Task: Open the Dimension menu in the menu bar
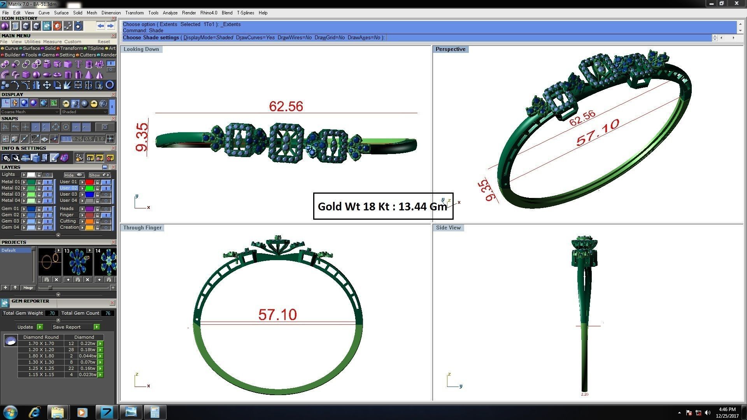click(111, 13)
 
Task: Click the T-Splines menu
click(245, 13)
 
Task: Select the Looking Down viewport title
click(141, 49)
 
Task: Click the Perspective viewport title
click(450, 49)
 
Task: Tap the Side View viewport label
click(448, 228)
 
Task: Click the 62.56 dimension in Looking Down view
click(286, 106)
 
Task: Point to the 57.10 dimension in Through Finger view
click(277, 315)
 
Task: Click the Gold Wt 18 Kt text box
click(383, 206)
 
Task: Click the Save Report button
click(67, 327)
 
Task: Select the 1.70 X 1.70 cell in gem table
click(41, 344)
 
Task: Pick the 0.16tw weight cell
click(88, 369)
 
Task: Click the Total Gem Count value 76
click(108, 313)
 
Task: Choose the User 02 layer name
click(68, 188)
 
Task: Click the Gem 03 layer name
click(10, 221)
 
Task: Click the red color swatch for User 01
click(89, 182)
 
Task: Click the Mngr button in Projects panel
click(28, 288)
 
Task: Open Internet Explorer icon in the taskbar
click(35, 412)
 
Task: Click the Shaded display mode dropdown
click(84, 112)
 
